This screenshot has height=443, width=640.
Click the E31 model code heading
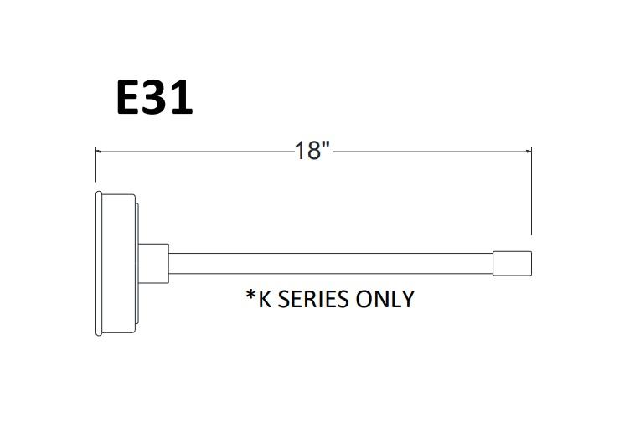tap(154, 98)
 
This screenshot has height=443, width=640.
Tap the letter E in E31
tap(130, 98)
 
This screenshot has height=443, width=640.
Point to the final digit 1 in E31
tap(183, 98)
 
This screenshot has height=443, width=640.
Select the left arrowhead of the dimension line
tap(99, 152)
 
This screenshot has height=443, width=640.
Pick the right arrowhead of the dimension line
tap(528, 152)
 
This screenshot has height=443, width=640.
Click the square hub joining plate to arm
tap(152, 261)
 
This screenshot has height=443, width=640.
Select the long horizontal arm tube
tap(331, 263)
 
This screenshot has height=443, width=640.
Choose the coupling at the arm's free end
tap(512, 263)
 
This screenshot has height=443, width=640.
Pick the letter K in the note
tap(265, 299)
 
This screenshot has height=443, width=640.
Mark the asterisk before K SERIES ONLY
tap(250, 295)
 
